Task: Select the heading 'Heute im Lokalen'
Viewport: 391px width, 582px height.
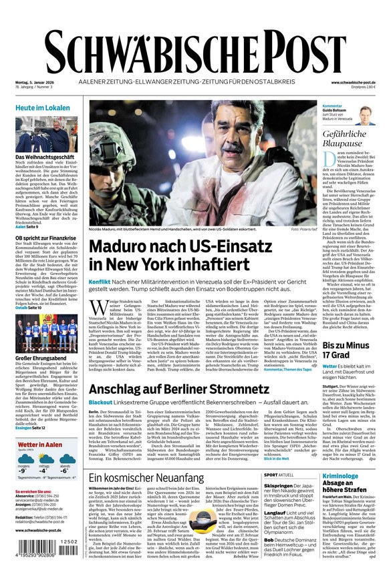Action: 42,107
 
